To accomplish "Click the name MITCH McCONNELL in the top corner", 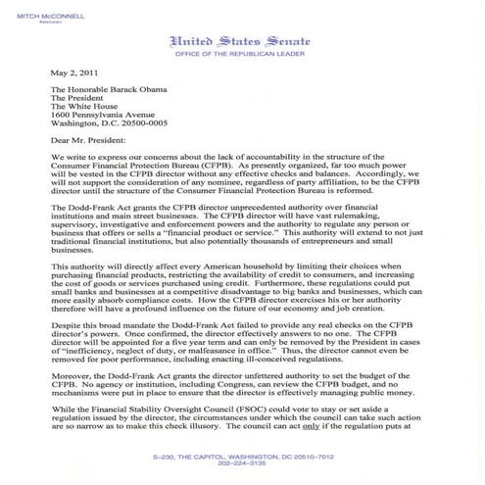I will tap(42, 9).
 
